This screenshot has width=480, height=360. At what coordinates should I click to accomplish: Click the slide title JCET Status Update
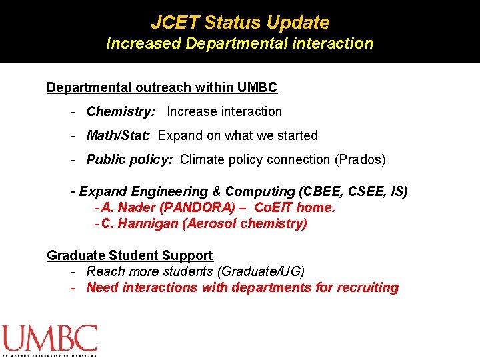[240, 22]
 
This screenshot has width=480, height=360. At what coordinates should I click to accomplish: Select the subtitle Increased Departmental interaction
[240, 44]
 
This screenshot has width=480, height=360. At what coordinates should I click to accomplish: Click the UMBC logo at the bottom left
[49, 339]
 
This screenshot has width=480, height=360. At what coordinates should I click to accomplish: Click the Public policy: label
[130, 159]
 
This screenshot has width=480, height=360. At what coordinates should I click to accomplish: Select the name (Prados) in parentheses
[360, 159]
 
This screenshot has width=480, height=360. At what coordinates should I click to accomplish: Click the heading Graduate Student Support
[130, 255]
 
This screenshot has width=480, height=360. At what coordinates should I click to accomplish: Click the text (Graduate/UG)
[263, 271]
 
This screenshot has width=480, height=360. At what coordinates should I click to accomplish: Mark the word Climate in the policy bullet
[201, 159]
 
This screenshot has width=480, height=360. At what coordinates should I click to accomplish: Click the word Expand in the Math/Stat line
[179, 135]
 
